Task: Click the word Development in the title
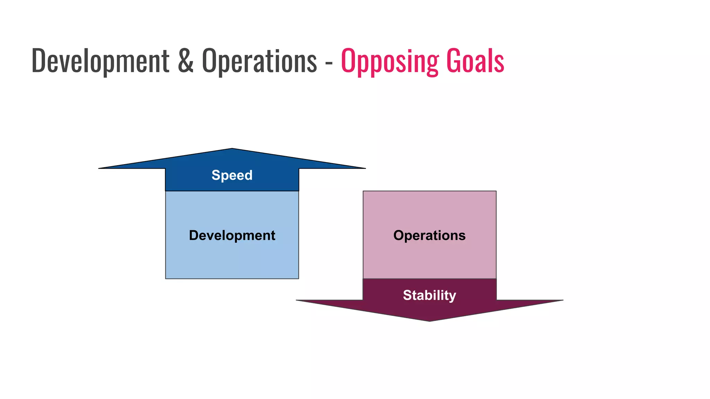pos(100,61)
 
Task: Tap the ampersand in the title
pos(185,61)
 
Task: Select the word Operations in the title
pos(259,61)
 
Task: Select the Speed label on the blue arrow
pos(232,175)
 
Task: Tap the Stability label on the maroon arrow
pos(429,295)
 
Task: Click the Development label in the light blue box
pos(232,236)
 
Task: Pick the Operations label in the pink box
pos(429,236)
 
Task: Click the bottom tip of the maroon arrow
pos(430,321)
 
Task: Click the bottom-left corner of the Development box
pos(166,278)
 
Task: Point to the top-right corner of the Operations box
pos(496,192)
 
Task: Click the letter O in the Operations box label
pos(399,236)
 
